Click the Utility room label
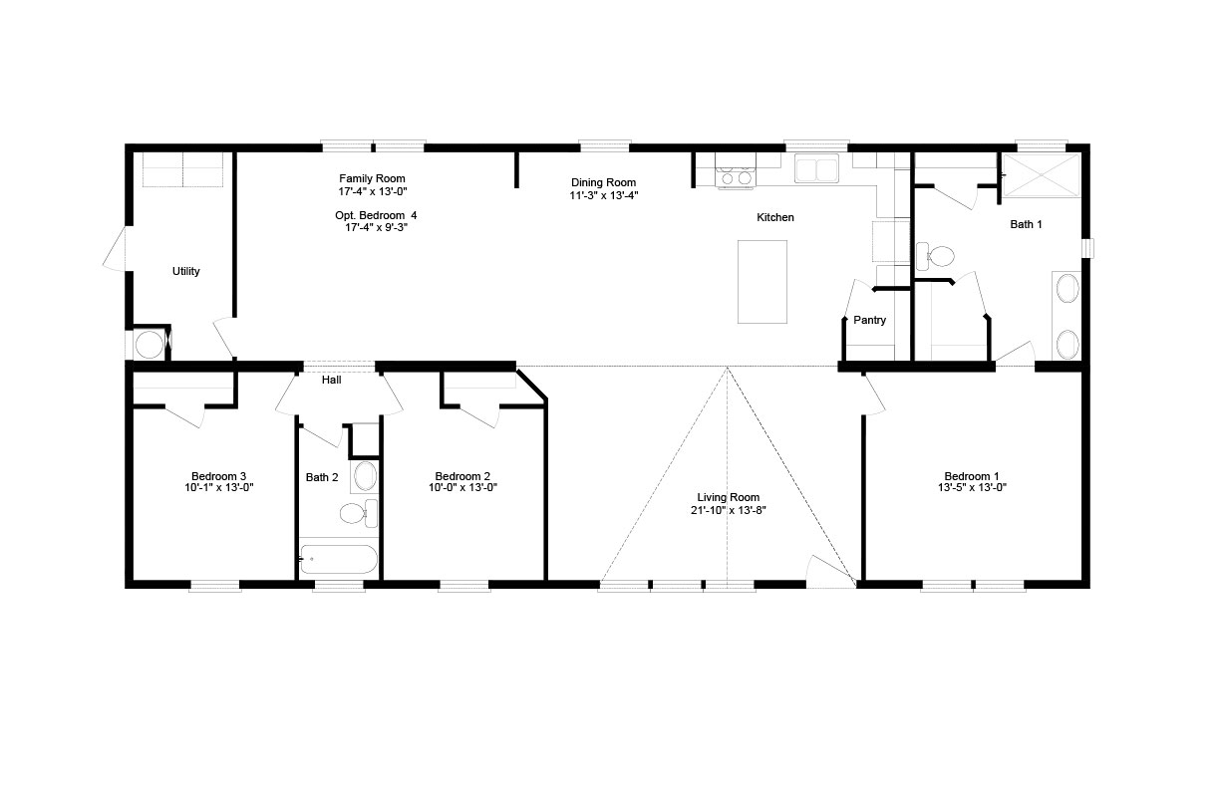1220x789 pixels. coord(185,271)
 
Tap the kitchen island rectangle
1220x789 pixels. coord(762,282)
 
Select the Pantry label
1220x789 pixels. coord(869,320)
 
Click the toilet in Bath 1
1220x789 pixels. coord(935,256)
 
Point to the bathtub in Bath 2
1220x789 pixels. coord(338,559)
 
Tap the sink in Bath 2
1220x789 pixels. coord(365,476)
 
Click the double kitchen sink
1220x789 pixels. coord(816,168)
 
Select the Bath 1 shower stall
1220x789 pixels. coord(1041,175)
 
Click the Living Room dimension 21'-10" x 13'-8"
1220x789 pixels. coord(729,511)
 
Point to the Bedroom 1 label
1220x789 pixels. coord(972,476)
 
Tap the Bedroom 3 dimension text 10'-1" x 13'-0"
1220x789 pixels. coord(219,488)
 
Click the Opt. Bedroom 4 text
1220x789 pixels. coord(376,215)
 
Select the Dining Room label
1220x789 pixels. coord(603,183)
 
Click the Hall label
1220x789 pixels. coord(331,381)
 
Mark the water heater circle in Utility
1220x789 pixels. coord(149,345)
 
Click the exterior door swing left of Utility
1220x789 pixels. coord(115,248)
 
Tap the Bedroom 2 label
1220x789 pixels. coord(462,476)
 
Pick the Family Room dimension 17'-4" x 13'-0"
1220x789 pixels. coord(373,191)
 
